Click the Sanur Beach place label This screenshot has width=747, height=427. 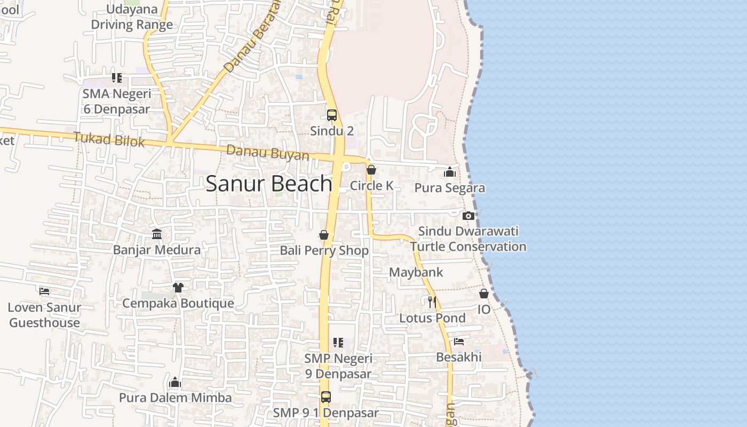pos(269,184)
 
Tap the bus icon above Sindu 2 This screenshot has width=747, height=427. pos(332,115)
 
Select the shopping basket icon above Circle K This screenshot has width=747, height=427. pos(371,170)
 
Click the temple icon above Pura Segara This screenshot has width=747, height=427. pos(450,172)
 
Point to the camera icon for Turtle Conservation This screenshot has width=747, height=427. pos(468,216)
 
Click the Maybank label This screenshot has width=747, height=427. pos(416,272)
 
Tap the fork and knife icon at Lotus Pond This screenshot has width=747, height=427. pos(432,302)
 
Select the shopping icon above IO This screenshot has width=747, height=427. pos(484,294)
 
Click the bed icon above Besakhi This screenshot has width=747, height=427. pos(459,342)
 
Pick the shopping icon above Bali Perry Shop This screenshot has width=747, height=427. pos(324,235)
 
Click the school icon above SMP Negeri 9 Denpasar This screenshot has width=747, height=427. pos(338,343)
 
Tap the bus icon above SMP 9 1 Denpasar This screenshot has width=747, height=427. pos(325,397)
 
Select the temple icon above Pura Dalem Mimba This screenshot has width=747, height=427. pos(175,382)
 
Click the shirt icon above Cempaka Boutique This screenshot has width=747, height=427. pos(178,288)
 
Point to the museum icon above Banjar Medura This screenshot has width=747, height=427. pos(157,234)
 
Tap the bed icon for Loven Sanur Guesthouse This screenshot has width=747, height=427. pos(44,291)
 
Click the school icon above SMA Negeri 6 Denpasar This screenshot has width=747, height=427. pos(117,78)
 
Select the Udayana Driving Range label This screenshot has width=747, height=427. pos(132,17)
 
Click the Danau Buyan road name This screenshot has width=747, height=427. pos(267,153)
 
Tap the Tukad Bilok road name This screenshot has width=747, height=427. pos(109,140)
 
